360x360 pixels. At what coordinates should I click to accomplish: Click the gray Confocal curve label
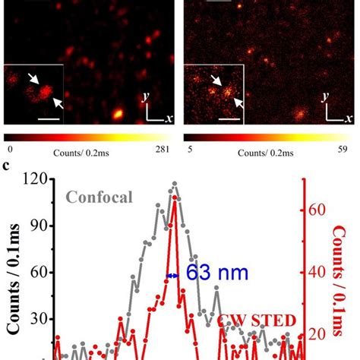click(99, 198)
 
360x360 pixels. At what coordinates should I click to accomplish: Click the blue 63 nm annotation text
click(216, 275)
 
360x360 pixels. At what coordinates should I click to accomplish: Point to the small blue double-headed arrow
click(172, 276)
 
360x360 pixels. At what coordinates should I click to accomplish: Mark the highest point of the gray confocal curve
click(175, 183)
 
